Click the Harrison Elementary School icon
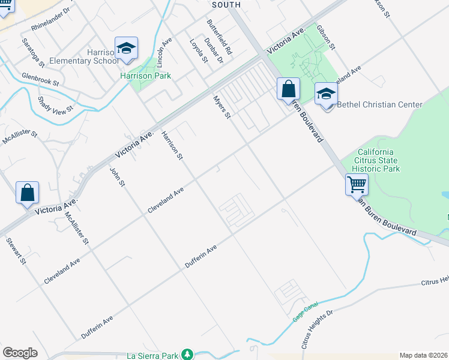126,49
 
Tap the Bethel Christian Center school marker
326,94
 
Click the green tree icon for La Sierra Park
187,355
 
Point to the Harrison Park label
145,76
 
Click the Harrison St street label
171,146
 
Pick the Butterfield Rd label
219,34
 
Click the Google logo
20,353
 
